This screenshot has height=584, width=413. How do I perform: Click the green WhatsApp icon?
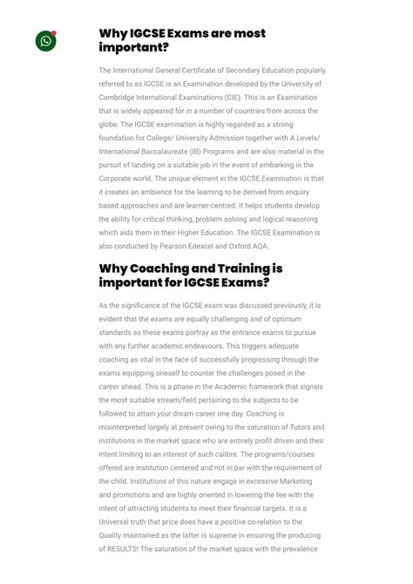(45, 41)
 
